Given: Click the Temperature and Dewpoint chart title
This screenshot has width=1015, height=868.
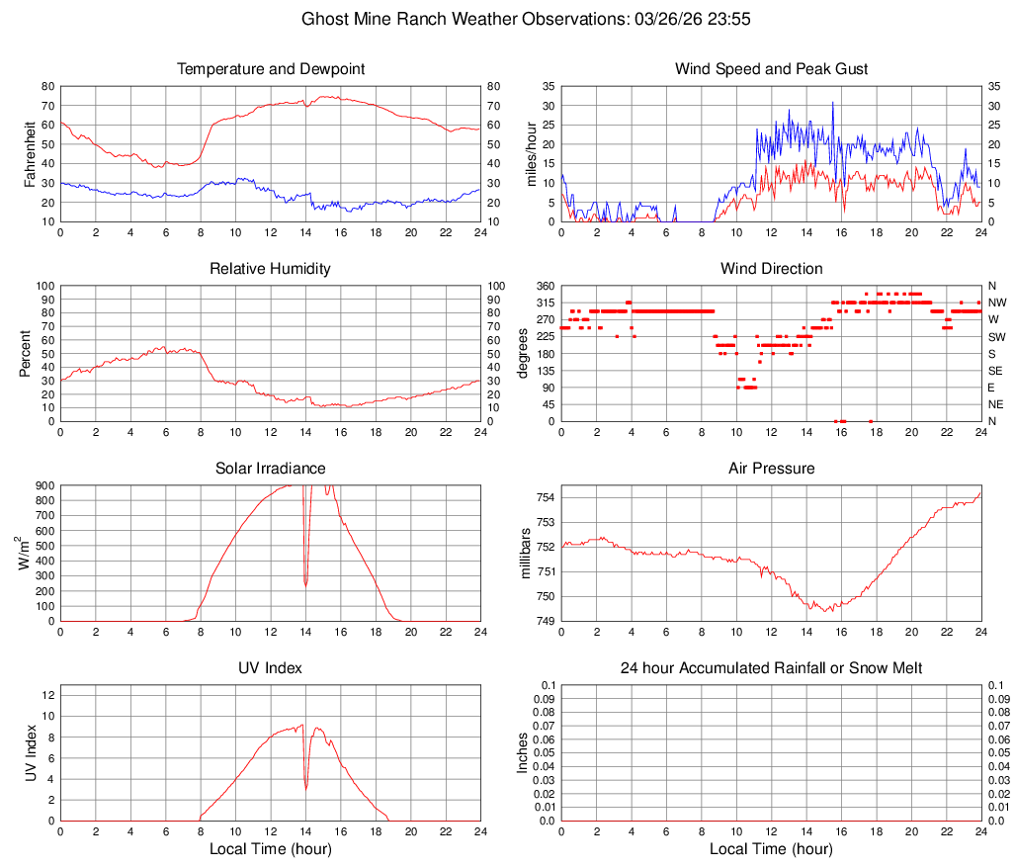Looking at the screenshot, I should point(271,69).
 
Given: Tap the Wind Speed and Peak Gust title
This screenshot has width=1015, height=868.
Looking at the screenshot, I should point(772,69).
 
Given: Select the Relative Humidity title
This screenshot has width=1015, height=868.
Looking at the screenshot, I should point(271,269).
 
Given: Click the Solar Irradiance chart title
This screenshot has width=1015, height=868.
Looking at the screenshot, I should point(271,469).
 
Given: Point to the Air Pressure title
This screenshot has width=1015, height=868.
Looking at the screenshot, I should point(772,469).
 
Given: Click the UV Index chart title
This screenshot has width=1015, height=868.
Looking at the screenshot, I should point(271,668).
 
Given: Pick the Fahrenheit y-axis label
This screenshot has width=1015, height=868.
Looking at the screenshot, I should point(30,154).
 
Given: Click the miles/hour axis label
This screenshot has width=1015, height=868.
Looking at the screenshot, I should point(532,154).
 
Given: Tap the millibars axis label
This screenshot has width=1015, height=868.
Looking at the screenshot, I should point(526,554).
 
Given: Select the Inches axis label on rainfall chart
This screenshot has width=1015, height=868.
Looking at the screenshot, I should point(524,753).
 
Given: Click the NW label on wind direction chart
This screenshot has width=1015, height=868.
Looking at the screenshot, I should point(997,303).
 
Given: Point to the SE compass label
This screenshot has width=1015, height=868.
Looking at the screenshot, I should point(996,371).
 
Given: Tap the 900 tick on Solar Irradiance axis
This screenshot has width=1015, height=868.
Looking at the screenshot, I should point(43,485).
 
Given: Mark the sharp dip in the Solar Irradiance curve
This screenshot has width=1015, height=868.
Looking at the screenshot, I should point(305,583).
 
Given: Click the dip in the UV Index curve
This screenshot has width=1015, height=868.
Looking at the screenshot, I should point(306,787).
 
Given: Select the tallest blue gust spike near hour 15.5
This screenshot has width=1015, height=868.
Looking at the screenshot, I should point(832,103).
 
